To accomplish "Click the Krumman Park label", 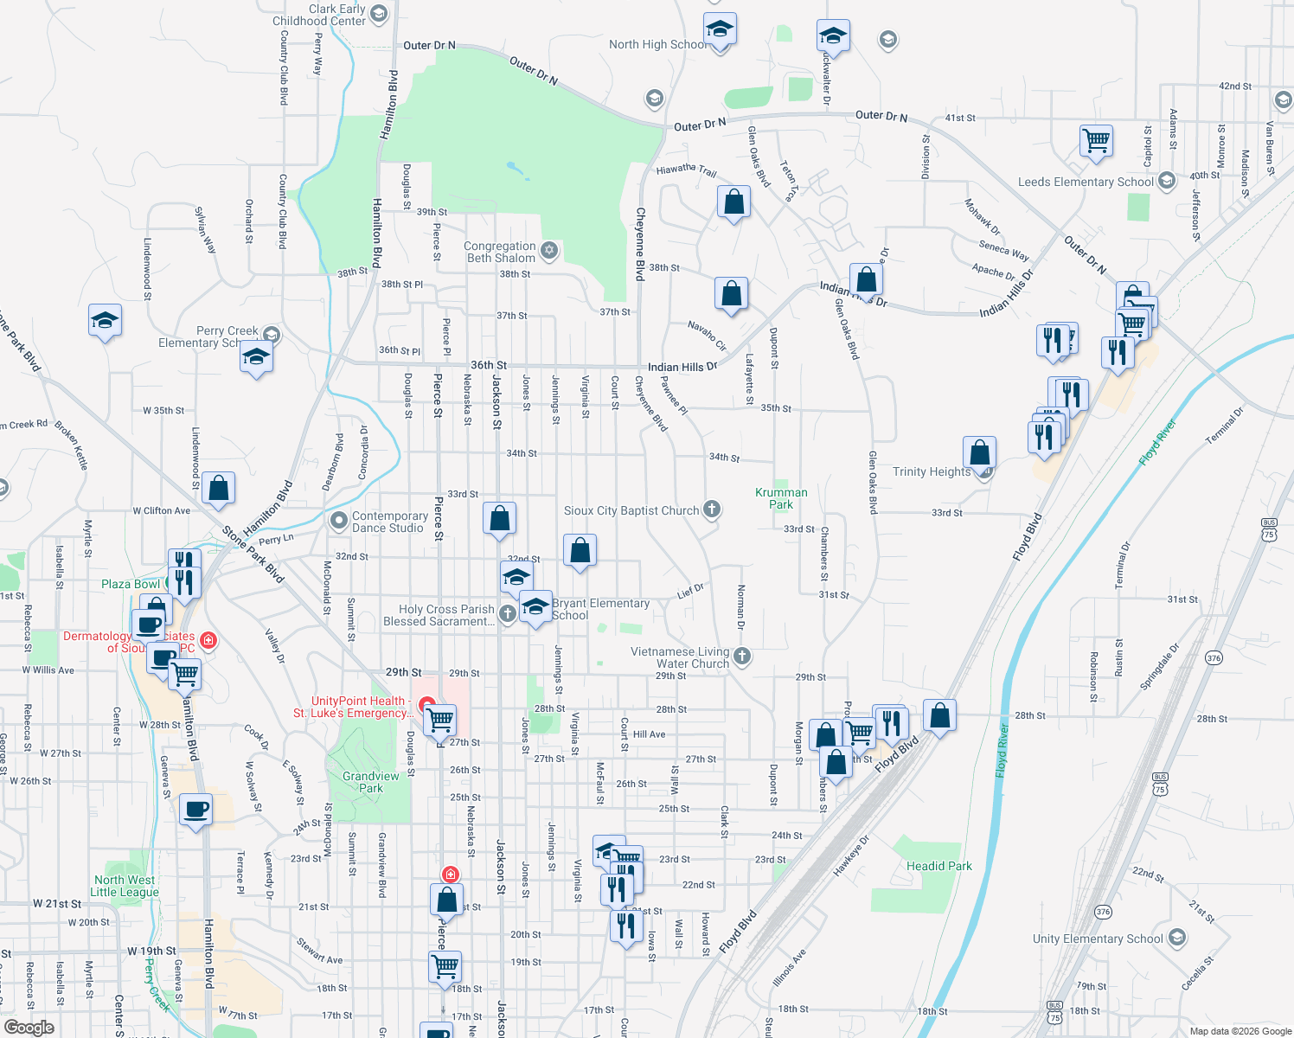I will (781, 498).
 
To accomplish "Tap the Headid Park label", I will (938, 866).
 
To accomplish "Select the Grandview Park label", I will (371, 782).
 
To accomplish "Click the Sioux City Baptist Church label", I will (631, 511).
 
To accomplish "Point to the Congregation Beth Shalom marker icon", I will (548, 251).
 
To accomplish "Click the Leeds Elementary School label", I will (1085, 182).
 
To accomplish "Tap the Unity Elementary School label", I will (1097, 939).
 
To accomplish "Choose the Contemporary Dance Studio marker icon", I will (339, 521).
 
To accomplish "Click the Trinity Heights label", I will (932, 471).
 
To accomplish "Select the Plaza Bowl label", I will (130, 584).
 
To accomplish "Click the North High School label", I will (656, 44).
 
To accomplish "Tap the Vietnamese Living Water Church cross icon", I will (742, 657).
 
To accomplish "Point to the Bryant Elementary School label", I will (600, 609).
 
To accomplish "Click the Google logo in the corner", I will (29, 1028).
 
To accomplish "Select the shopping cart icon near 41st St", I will (1096, 139).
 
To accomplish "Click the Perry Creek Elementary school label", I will (208, 336).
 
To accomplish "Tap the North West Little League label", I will (126, 886).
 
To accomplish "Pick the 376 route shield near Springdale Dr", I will (1214, 658).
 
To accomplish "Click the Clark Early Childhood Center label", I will (320, 15).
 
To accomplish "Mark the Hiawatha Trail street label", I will (686, 170).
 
